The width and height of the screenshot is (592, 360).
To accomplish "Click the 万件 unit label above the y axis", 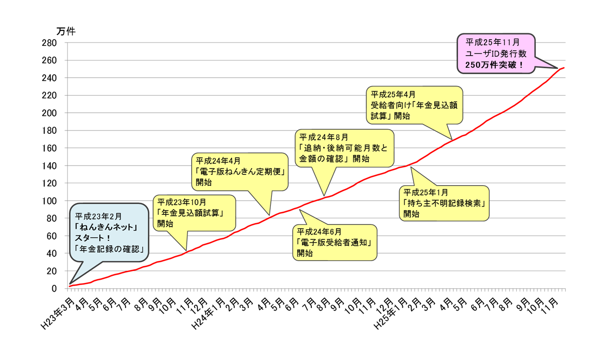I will (x=66, y=31).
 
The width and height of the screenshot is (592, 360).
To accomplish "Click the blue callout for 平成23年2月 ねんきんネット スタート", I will (x=111, y=232).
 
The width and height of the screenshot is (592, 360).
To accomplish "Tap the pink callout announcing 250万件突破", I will (x=496, y=53).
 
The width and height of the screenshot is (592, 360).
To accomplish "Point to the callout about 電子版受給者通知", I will (x=335, y=242).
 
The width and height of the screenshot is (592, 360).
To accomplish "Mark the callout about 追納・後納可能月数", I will (x=345, y=147).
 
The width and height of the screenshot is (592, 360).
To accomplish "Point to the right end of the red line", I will (x=565, y=68).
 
